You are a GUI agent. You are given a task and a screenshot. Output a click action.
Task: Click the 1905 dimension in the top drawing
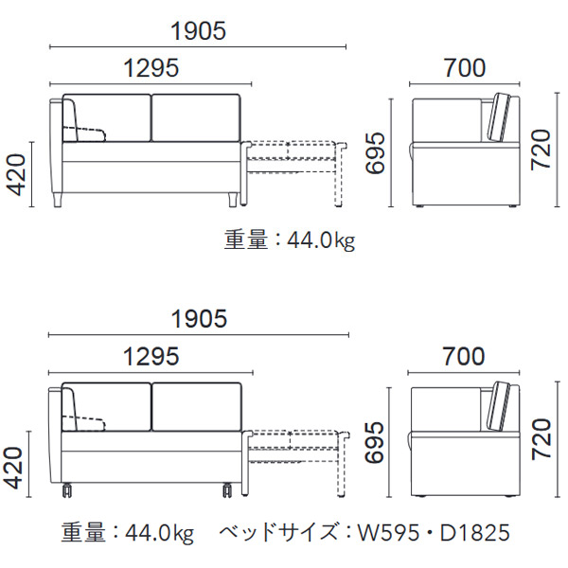coord(198,31)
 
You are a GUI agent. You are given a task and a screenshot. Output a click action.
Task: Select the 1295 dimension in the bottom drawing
coord(151,356)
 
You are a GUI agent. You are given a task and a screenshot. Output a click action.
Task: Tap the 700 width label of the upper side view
coord(465,68)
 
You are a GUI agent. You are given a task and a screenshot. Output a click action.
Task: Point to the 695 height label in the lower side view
coord(374,442)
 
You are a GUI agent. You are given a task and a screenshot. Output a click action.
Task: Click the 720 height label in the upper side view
coord(541,150)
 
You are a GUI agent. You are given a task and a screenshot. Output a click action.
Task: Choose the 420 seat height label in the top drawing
coord(17,174)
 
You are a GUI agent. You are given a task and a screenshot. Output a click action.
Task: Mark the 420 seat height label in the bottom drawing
coord(14,468)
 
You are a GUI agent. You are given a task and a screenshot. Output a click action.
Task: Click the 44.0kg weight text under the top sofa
coord(321,240)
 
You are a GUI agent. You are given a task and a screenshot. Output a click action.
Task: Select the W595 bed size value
coord(389,532)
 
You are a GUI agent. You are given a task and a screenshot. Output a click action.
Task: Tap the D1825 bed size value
coord(475,532)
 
